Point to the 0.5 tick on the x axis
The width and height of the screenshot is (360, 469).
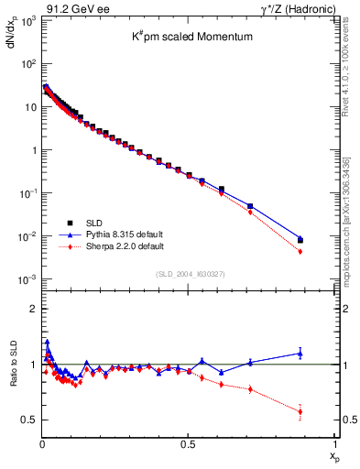[x=188, y=445]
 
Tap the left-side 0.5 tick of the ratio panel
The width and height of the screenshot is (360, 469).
[x=27, y=420]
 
